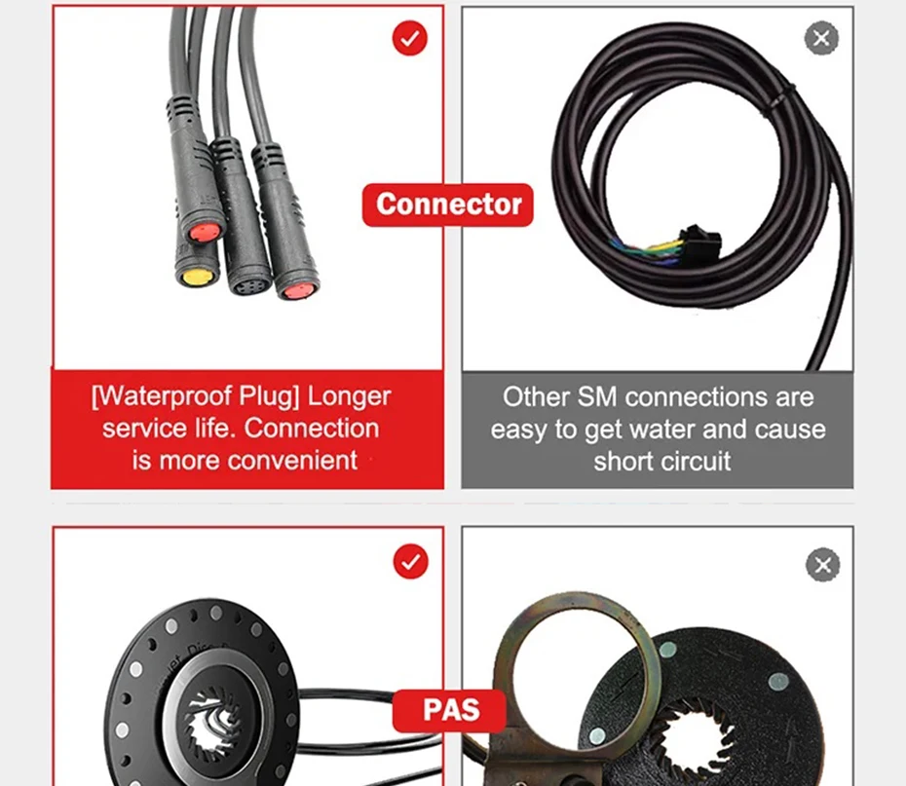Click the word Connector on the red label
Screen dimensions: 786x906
[448, 205]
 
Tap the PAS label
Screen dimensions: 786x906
[450, 710]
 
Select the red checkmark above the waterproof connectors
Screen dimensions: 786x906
[410, 39]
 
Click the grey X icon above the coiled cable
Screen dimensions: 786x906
[821, 39]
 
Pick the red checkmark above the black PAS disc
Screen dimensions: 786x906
[410, 562]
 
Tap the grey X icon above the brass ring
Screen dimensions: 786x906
[822, 565]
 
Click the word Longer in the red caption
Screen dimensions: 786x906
[349, 396]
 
